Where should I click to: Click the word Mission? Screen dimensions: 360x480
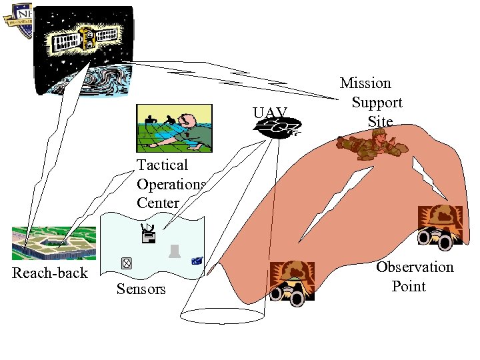click(x=365, y=83)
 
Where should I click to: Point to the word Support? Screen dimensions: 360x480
click(x=377, y=103)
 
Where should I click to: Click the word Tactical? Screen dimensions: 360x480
click(x=162, y=165)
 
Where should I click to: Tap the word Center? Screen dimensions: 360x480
click(x=158, y=203)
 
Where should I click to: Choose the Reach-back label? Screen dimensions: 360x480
click(x=50, y=273)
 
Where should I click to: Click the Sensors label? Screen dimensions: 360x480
click(x=141, y=289)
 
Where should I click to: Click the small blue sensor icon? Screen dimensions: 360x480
click(x=197, y=261)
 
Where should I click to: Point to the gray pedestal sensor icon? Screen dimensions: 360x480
click(x=174, y=251)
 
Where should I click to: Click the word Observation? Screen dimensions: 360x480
click(x=414, y=267)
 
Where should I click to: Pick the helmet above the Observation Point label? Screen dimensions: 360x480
click(x=439, y=217)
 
